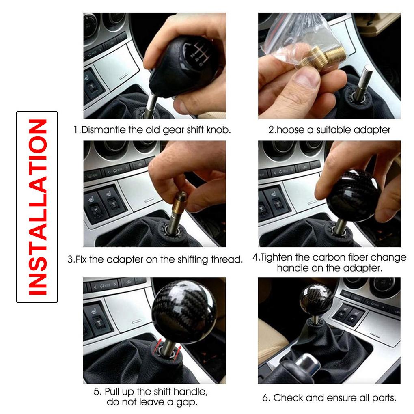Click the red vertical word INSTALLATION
pos(37,207)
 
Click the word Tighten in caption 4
pos(280,257)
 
